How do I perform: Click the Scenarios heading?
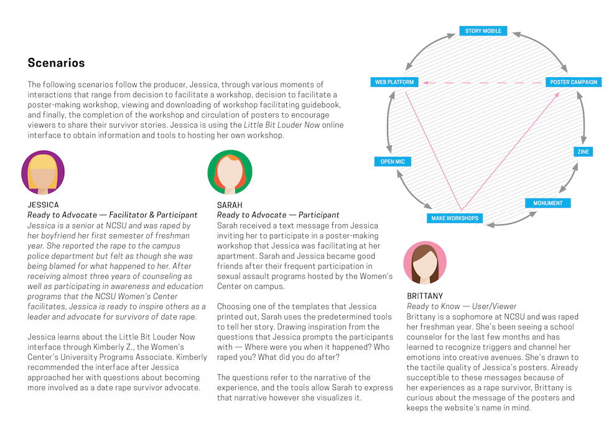point(56,63)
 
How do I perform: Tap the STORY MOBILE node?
point(483,31)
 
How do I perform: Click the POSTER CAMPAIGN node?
point(574,82)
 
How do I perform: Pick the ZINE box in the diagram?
point(583,151)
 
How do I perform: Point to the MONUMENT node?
point(547,203)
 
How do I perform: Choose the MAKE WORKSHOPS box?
point(455,218)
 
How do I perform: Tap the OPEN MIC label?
point(393,162)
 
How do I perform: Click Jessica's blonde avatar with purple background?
point(43,173)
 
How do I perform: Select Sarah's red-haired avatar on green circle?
point(230,173)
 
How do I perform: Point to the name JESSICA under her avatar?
point(43,205)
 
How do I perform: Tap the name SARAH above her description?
point(230,205)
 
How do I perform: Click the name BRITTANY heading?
point(425,296)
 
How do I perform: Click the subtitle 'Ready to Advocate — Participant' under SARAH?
point(278,215)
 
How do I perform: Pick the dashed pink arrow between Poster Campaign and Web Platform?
point(482,82)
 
